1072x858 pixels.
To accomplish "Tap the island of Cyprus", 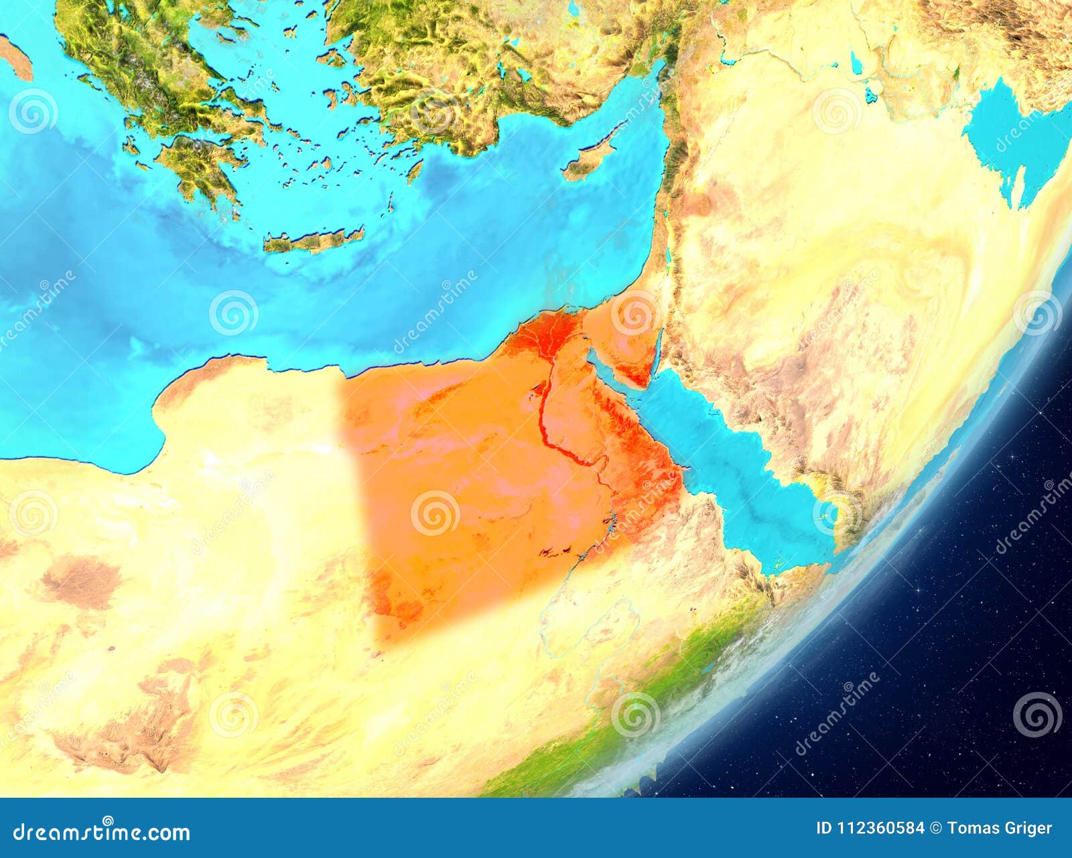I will tap(586, 161).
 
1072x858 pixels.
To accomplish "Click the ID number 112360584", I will tap(882, 829).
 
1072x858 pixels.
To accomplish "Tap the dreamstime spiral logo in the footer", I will tap(108, 822).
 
